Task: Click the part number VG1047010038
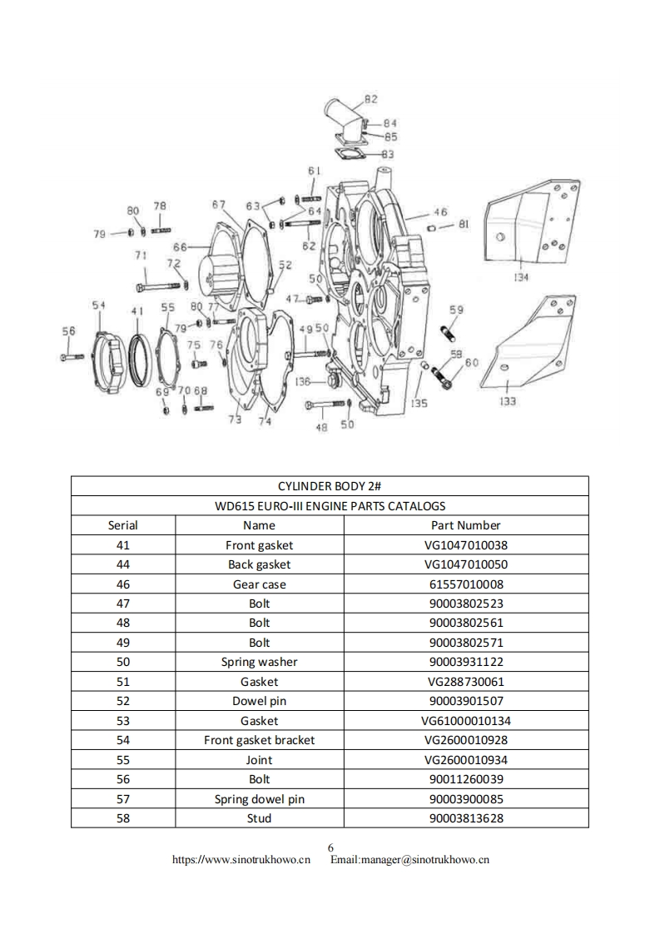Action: pos(465,545)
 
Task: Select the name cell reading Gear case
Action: pos(259,584)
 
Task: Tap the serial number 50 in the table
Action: pos(123,662)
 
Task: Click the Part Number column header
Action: pos(465,525)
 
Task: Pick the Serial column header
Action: pos(123,525)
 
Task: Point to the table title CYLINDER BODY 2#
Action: pos(330,486)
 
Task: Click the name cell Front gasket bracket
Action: pos(259,740)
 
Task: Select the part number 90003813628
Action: pos(465,818)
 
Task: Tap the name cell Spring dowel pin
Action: pos(259,799)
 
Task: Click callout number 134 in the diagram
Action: pos(520,277)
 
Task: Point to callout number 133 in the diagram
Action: pos(507,401)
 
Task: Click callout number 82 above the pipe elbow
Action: pos(370,99)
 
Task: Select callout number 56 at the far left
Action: pos(68,331)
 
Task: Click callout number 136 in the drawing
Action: pos(303,382)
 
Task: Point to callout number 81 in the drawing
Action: pos(464,224)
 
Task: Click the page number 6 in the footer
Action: pos(330,847)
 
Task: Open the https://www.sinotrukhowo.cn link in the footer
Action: pos(241,859)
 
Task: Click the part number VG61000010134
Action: pos(465,721)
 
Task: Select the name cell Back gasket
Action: pos(259,564)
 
